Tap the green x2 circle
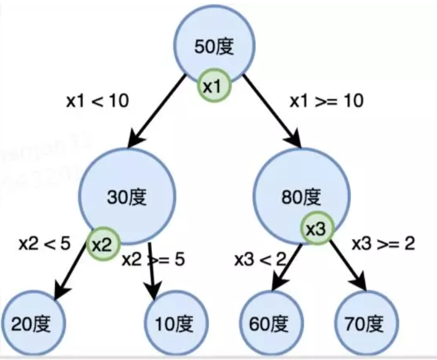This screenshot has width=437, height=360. click(101, 245)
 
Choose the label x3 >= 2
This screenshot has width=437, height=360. click(383, 243)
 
